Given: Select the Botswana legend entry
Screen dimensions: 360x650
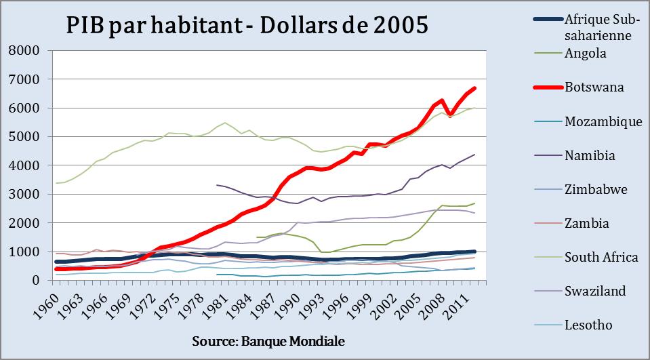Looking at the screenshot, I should pyautogui.click(x=594, y=87).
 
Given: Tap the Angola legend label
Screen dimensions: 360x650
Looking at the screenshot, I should pyautogui.click(x=585, y=53).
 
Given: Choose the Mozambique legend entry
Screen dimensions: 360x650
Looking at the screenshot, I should pyautogui.click(x=603, y=121).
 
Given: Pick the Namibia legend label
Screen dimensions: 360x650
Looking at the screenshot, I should pyautogui.click(x=590, y=155).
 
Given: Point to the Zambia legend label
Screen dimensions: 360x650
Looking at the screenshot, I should pyautogui.click(x=587, y=223).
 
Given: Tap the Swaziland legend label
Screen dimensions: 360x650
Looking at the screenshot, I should pyautogui.click(x=594, y=291).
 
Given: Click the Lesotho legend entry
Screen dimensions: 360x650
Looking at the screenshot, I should pyautogui.click(x=588, y=325).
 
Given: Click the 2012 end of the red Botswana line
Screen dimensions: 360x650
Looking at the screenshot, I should pyautogui.click(x=474, y=88).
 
